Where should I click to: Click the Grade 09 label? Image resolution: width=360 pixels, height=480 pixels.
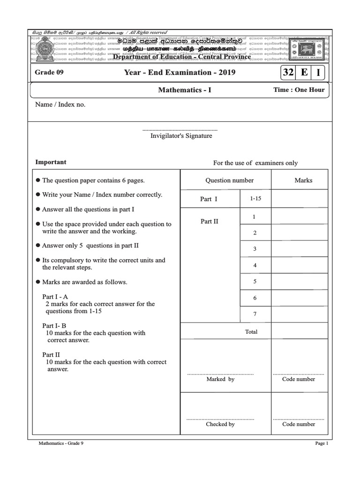[x=49, y=73]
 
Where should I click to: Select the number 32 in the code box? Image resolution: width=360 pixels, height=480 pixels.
[x=287, y=73]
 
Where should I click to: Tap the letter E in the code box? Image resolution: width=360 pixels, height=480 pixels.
[x=304, y=73]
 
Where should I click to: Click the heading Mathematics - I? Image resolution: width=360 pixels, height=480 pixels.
[x=185, y=90]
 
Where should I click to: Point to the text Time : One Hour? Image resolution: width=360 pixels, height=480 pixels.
[x=299, y=90]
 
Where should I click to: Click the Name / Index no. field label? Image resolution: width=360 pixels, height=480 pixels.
[x=60, y=105]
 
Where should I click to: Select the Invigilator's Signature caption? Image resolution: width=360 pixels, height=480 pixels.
[x=181, y=136]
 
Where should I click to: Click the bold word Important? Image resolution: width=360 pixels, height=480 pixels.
[x=51, y=162]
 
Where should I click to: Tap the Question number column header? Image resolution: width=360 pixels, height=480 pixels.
[x=229, y=180]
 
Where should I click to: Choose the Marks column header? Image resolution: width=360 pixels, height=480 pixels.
[x=303, y=180]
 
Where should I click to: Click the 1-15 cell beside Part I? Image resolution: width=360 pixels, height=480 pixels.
[x=255, y=199]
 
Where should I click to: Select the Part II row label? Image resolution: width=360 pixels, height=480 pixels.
[x=210, y=221]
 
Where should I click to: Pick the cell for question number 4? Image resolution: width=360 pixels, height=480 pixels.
[x=255, y=265]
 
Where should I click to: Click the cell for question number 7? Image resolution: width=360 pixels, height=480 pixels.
[x=255, y=314]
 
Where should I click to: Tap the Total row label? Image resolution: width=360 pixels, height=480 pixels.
[x=251, y=332]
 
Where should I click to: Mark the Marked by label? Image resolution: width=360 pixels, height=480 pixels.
[x=220, y=379]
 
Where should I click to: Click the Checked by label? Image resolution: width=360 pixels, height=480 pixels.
[x=220, y=424]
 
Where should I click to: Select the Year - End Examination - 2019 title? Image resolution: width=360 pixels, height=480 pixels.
[x=180, y=73]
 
